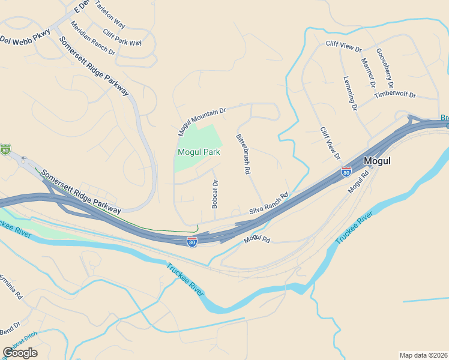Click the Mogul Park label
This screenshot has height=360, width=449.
(x=199, y=152)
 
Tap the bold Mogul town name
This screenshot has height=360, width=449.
(x=378, y=161)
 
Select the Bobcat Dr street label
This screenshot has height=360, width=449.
(x=215, y=194)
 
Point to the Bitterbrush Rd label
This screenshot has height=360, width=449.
(x=243, y=154)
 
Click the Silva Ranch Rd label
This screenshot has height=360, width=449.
(x=269, y=204)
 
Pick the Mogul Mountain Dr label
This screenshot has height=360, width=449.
(x=202, y=116)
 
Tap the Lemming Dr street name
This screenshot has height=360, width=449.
(x=350, y=94)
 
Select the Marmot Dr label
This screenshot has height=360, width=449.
(x=368, y=71)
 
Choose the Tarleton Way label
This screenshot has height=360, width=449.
(x=110, y=14)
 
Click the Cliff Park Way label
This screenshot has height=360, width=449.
(x=122, y=38)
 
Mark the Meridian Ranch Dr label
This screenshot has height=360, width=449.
(x=92, y=38)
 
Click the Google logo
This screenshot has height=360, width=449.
(x=20, y=353)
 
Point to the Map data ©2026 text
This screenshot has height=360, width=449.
(x=424, y=355)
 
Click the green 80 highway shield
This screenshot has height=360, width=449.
(x=5, y=149)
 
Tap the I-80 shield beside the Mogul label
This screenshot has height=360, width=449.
(x=346, y=172)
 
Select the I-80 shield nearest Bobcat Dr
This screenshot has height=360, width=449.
(x=191, y=242)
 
